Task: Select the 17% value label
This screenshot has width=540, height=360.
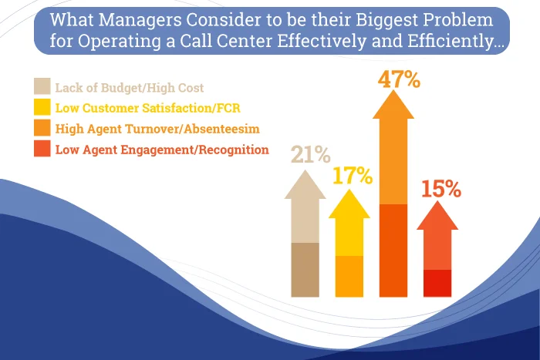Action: point(353,176)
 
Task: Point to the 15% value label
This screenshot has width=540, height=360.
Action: point(442,190)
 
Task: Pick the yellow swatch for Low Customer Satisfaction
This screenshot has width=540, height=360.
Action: point(42,107)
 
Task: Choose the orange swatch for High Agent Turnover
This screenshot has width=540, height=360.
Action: point(42,128)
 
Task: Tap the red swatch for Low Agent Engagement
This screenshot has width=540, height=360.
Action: point(42,149)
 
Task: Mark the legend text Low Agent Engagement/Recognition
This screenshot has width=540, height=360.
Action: point(162,150)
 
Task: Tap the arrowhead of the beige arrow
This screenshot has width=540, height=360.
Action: point(305,186)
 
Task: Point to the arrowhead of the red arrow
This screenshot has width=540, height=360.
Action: point(437,217)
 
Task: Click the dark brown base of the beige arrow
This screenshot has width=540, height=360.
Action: point(305,270)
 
